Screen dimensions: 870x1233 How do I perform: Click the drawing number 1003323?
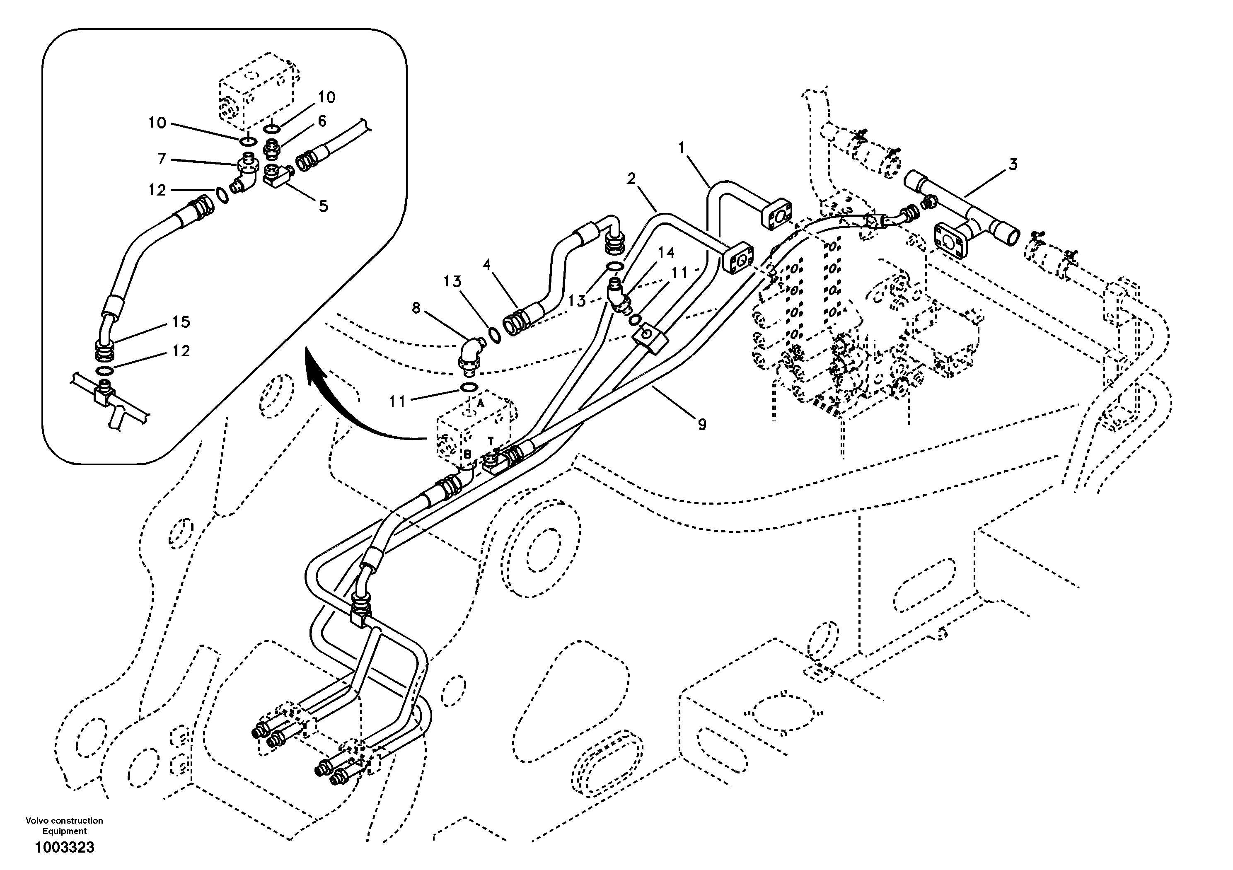(65, 848)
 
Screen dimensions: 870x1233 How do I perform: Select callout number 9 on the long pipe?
(702, 424)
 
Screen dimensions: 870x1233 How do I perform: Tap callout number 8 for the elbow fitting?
(416, 308)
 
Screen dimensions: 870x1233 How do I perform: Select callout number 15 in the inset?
(181, 321)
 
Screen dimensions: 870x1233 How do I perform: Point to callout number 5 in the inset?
(323, 205)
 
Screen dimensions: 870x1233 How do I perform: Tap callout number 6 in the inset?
(322, 121)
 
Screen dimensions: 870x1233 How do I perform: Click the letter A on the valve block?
(480, 402)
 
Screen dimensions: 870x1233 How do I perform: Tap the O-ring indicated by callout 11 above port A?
(469, 387)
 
